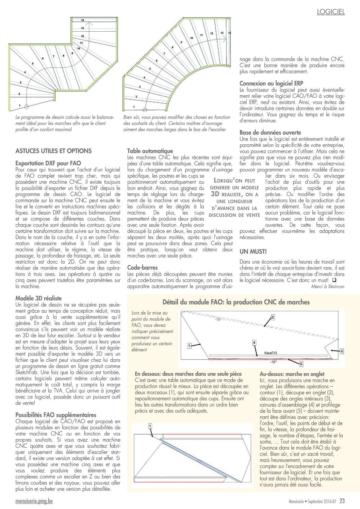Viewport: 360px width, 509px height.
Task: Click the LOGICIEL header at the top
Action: [x=331, y=12]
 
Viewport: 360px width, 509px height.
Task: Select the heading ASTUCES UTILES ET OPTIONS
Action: [x=53, y=151]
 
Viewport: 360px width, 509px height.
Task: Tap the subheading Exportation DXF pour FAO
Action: [x=48, y=163]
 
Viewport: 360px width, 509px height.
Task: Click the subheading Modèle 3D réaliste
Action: [x=38, y=298]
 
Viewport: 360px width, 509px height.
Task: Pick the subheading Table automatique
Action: [x=150, y=151]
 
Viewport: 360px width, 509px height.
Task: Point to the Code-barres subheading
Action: [x=142, y=267]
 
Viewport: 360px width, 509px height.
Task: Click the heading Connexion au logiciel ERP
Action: [x=271, y=83]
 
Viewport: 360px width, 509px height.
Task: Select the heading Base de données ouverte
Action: [x=270, y=132]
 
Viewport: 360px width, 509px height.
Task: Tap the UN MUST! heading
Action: [x=253, y=251]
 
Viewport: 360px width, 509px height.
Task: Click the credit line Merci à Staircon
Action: [x=327, y=286]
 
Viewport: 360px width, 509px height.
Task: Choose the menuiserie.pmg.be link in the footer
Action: [x=34, y=501]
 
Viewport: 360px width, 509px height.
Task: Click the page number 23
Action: [x=342, y=501]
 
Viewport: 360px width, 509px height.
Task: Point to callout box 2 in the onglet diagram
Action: [x=273, y=317]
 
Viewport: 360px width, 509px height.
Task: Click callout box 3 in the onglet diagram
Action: [x=342, y=351]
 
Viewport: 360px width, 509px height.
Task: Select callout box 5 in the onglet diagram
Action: [x=301, y=364]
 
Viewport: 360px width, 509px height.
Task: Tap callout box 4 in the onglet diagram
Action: [x=254, y=342]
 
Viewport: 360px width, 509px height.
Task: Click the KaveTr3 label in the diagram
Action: [x=271, y=353]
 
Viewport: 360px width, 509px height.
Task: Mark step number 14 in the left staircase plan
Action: [x=83, y=20]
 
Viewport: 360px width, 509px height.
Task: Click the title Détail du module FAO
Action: [x=236, y=302]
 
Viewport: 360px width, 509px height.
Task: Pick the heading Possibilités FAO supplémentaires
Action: [x=56, y=415]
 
